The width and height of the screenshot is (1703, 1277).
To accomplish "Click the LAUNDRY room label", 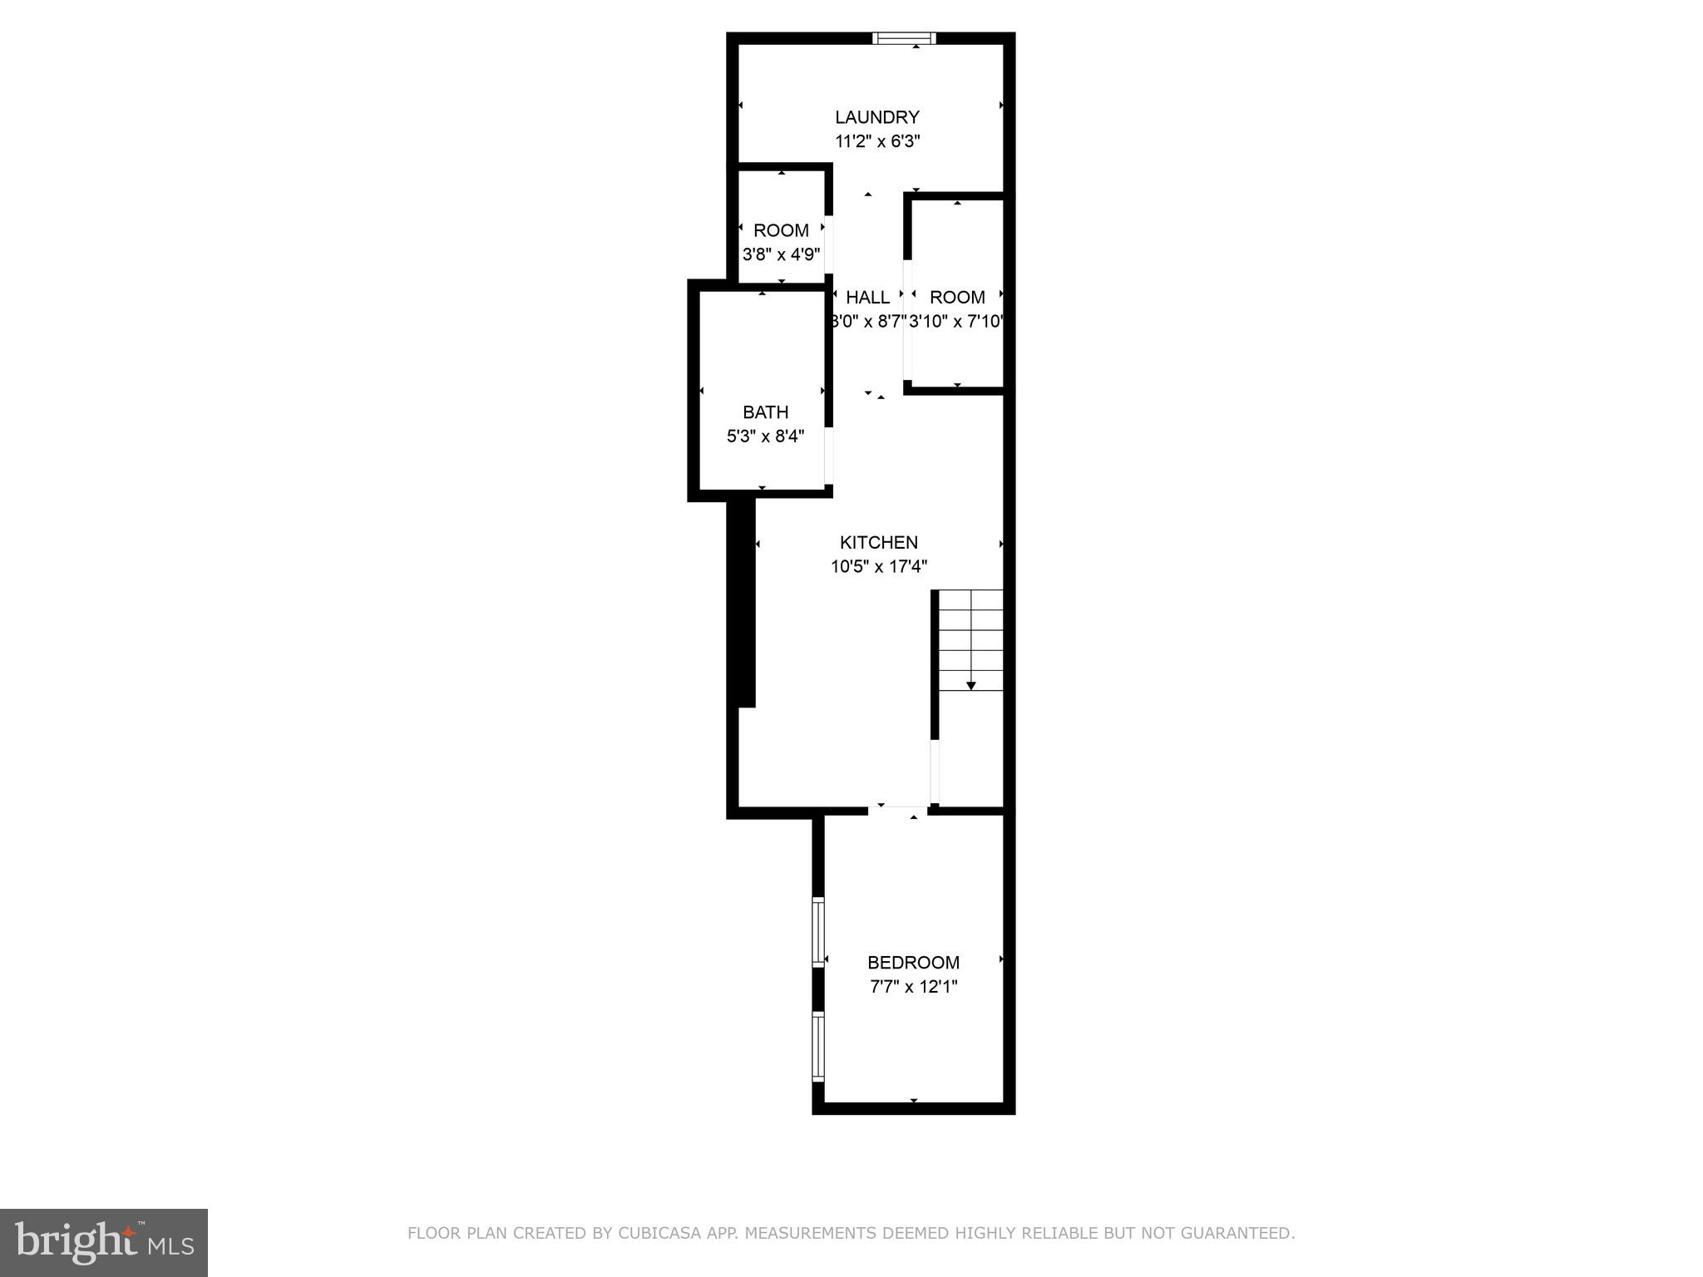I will pyautogui.click(x=876, y=117).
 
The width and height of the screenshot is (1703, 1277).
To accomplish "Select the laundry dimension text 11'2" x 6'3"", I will pyautogui.click(x=876, y=141).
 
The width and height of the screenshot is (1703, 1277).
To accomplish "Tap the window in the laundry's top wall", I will pyautogui.click(x=904, y=38).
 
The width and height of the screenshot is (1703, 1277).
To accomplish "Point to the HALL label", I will pyautogui.click(x=867, y=297).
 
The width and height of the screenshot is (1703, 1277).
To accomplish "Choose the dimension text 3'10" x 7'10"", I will pyautogui.click(x=956, y=321).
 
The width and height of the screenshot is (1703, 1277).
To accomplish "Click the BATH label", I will pyautogui.click(x=765, y=412).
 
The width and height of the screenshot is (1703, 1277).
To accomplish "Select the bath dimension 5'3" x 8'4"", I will pyautogui.click(x=765, y=436).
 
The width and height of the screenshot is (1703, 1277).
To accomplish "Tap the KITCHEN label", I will pyautogui.click(x=878, y=542).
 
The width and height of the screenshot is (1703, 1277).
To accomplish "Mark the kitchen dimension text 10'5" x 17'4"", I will pyautogui.click(x=878, y=567).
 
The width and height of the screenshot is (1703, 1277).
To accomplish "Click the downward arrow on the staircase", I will pyautogui.click(x=970, y=684).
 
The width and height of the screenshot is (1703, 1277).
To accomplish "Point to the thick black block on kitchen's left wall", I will pyautogui.click(x=745, y=603).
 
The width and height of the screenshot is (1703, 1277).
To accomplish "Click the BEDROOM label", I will pyautogui.click(x=913, y=962).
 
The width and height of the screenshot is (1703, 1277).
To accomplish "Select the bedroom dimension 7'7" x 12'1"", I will pyautogui.click(x=913, y=987).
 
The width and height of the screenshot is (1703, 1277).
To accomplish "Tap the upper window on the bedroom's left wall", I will pyautogui.click(x=818, y=932).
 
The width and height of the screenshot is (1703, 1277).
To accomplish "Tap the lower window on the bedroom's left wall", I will pyautogui.click(x=818, y=1046).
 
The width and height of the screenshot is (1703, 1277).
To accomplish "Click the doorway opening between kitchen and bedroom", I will pyautogui.click(x=899, y=811).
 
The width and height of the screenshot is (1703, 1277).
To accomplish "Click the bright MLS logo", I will pyautogui.click(x=104, y=1242).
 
